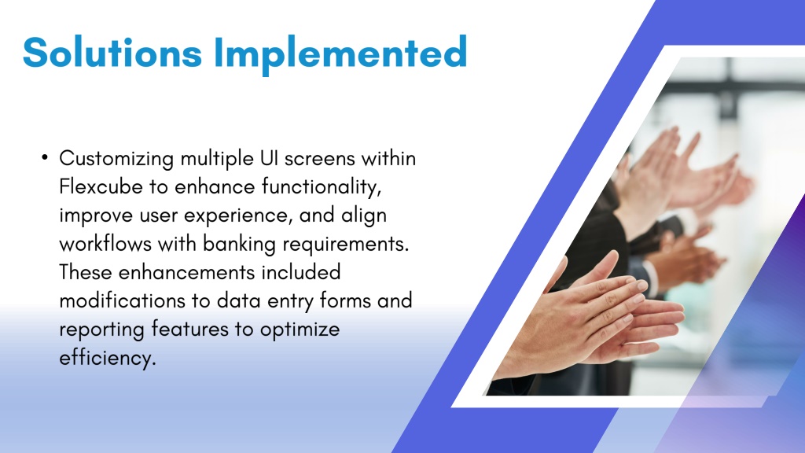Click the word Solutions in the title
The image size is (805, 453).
[x=112, y=52]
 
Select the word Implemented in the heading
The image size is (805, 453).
[x=340, y=55]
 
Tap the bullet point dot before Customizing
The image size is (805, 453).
[x=45, y=157]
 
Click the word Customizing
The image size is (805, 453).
[x=116, y=159]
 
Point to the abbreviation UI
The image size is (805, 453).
[x=269, y=158]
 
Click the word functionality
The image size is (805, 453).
[x=322, y=187]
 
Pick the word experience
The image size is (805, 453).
[x=238, y=216]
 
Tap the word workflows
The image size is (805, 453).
[x=105, y=244]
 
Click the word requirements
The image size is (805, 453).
[x=346, y=245]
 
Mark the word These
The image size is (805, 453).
[x=85, y=272]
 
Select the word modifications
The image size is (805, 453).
[x=122, y=300]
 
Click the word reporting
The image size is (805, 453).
[x=101, y=330]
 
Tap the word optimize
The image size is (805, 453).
[x=300, y=330]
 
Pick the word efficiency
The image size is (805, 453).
[x=107, y=358]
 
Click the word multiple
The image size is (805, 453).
[x=217, y=159]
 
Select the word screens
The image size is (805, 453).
[x=320, y=159]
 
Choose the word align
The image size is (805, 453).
[x=364, y=216]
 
